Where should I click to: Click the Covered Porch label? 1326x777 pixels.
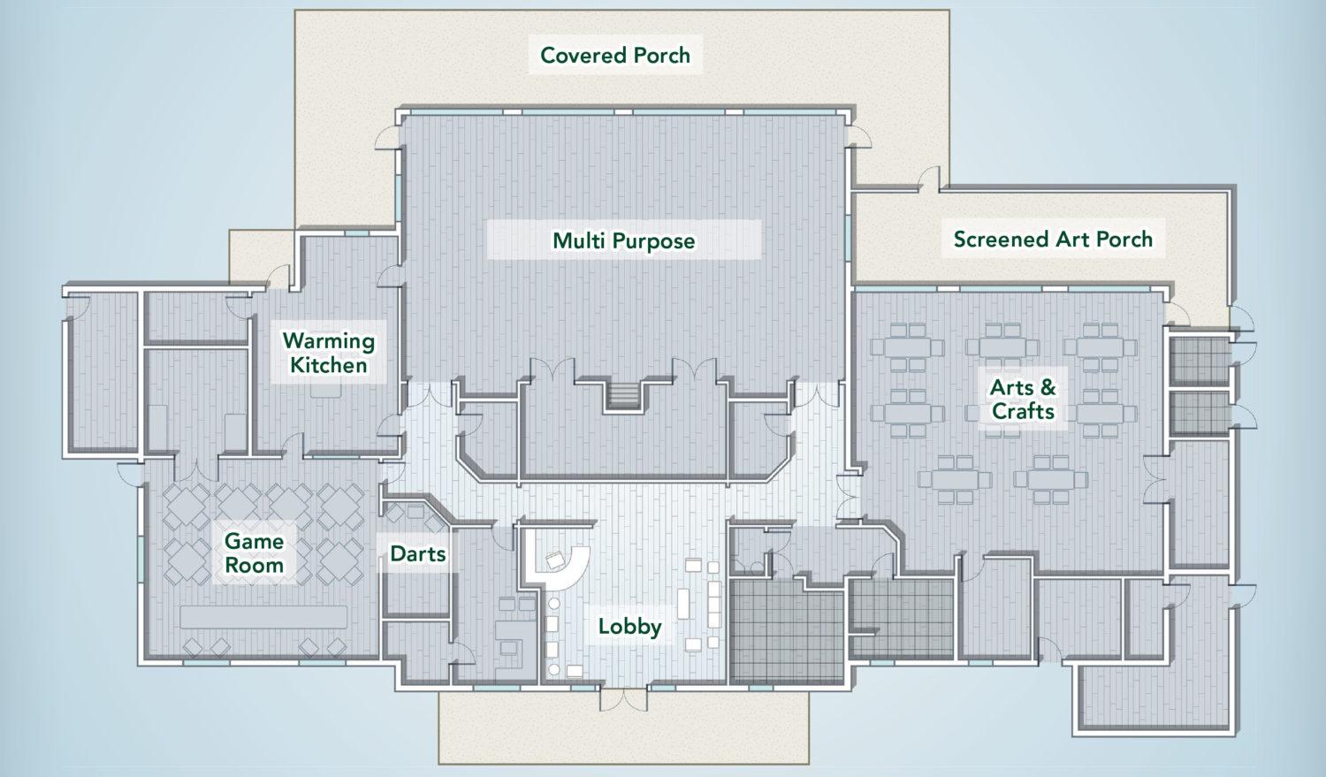click(615, 55)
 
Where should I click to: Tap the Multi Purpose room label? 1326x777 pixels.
click(624, 240)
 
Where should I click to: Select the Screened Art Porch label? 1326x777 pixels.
click(1053, 239)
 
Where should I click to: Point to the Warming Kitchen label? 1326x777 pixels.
click(329, 354)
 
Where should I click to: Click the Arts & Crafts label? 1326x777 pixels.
click(1023, 400)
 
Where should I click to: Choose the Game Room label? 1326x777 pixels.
click(254, 552)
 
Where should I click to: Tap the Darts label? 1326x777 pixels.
click(418, 554)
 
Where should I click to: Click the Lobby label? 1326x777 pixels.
click(629, 627)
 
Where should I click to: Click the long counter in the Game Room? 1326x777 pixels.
click(263, 617)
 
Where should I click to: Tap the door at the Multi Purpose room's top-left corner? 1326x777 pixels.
click(387, 137)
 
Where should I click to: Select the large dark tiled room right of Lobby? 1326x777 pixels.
click(786, 631)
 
